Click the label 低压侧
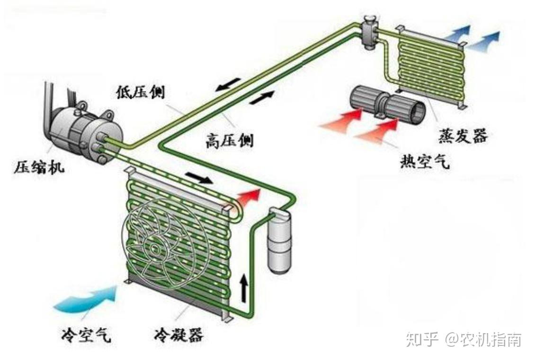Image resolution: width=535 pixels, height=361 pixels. tap(141, 92)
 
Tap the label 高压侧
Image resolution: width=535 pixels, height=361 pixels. tap(229, 140)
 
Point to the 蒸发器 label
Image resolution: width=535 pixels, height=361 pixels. tap(463, 137)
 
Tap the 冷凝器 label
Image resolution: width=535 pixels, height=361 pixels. tap(179, 336)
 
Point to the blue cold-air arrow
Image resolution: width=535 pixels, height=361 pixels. tap(88, 299)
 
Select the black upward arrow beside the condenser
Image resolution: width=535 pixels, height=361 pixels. tap(244, 288)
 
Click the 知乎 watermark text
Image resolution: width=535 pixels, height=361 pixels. tap(422, 340)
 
